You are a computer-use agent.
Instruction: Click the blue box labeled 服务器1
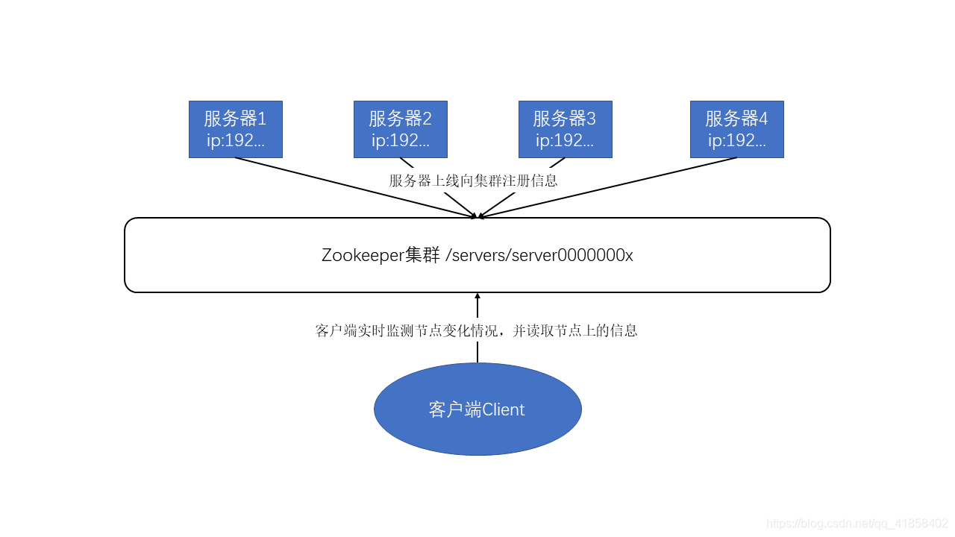click(235, 129)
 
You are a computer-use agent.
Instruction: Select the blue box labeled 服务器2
click(400, 129)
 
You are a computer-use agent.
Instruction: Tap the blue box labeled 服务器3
click(565, 129)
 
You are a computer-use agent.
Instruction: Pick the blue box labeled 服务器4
click(736, 129)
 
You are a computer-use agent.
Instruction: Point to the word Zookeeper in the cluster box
click(363, 255)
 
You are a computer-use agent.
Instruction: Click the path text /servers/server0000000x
click(539, 255)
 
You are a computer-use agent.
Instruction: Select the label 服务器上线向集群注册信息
click(473, 180)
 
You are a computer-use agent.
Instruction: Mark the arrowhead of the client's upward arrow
click(477, 297)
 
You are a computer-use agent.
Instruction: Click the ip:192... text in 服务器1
click(235, 141)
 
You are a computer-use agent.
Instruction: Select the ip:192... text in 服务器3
click(565, 141)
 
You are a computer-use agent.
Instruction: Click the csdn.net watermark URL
click(857, 524)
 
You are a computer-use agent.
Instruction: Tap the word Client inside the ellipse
click(504, 409)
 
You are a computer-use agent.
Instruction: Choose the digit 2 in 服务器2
click(427, 119)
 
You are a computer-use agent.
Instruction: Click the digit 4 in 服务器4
click(763, 119)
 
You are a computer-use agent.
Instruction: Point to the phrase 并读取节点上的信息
click(574, 330)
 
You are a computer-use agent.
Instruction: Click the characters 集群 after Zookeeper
click(423, 255)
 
